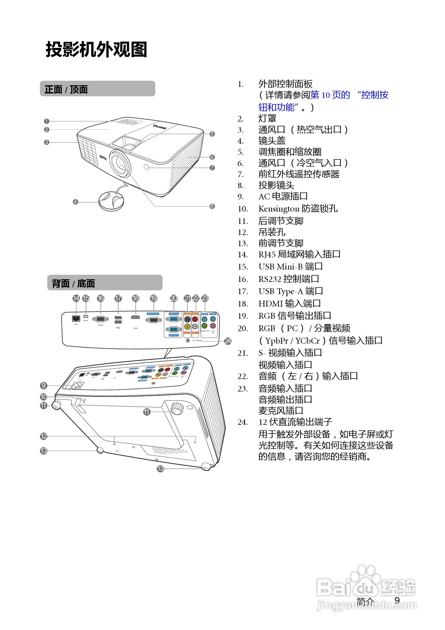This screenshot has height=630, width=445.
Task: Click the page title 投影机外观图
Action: pos(96,50)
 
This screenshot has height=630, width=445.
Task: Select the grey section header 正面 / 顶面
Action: pos(97,89)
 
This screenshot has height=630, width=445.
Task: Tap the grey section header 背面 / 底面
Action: pos(105,283)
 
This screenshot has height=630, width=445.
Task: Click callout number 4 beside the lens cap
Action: pos(75,202)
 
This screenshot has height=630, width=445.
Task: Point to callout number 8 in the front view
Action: pos(212,206)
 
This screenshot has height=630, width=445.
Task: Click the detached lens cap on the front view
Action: pos(111,201)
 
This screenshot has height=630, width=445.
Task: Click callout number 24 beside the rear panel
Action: pos(228,341)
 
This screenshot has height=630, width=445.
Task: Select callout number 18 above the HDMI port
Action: pos(136,298)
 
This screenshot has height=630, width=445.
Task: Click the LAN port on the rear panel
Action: pos(76,318)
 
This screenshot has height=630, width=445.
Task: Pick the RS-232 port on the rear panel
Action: pos(100,319)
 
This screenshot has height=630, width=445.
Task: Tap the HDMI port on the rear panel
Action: pos(135,317)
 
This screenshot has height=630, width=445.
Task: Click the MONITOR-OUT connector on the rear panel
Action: pos(153,319)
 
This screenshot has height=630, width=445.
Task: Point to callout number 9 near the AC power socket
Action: pos(43,385)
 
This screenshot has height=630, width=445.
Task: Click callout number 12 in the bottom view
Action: pos(43,436)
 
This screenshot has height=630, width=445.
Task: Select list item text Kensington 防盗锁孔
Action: pos(298,209)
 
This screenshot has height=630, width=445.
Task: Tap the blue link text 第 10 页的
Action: pos(330,95)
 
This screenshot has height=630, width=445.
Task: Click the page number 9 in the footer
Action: pos(397,601)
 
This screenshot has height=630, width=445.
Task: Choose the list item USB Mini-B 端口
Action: pos(291,267)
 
